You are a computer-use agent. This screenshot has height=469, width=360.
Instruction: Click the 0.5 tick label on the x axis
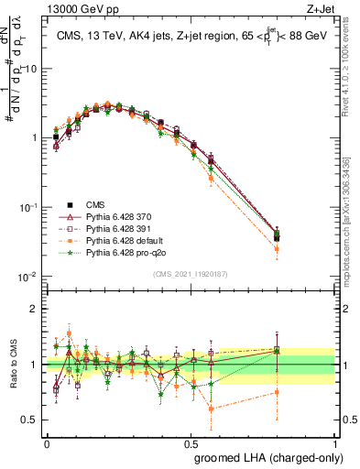(191, 442)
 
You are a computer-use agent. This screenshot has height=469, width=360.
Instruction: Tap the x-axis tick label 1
(334, 442)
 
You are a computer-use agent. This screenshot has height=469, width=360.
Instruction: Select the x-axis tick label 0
(47, 442)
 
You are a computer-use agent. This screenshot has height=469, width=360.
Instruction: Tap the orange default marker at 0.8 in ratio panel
(277, 392)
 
